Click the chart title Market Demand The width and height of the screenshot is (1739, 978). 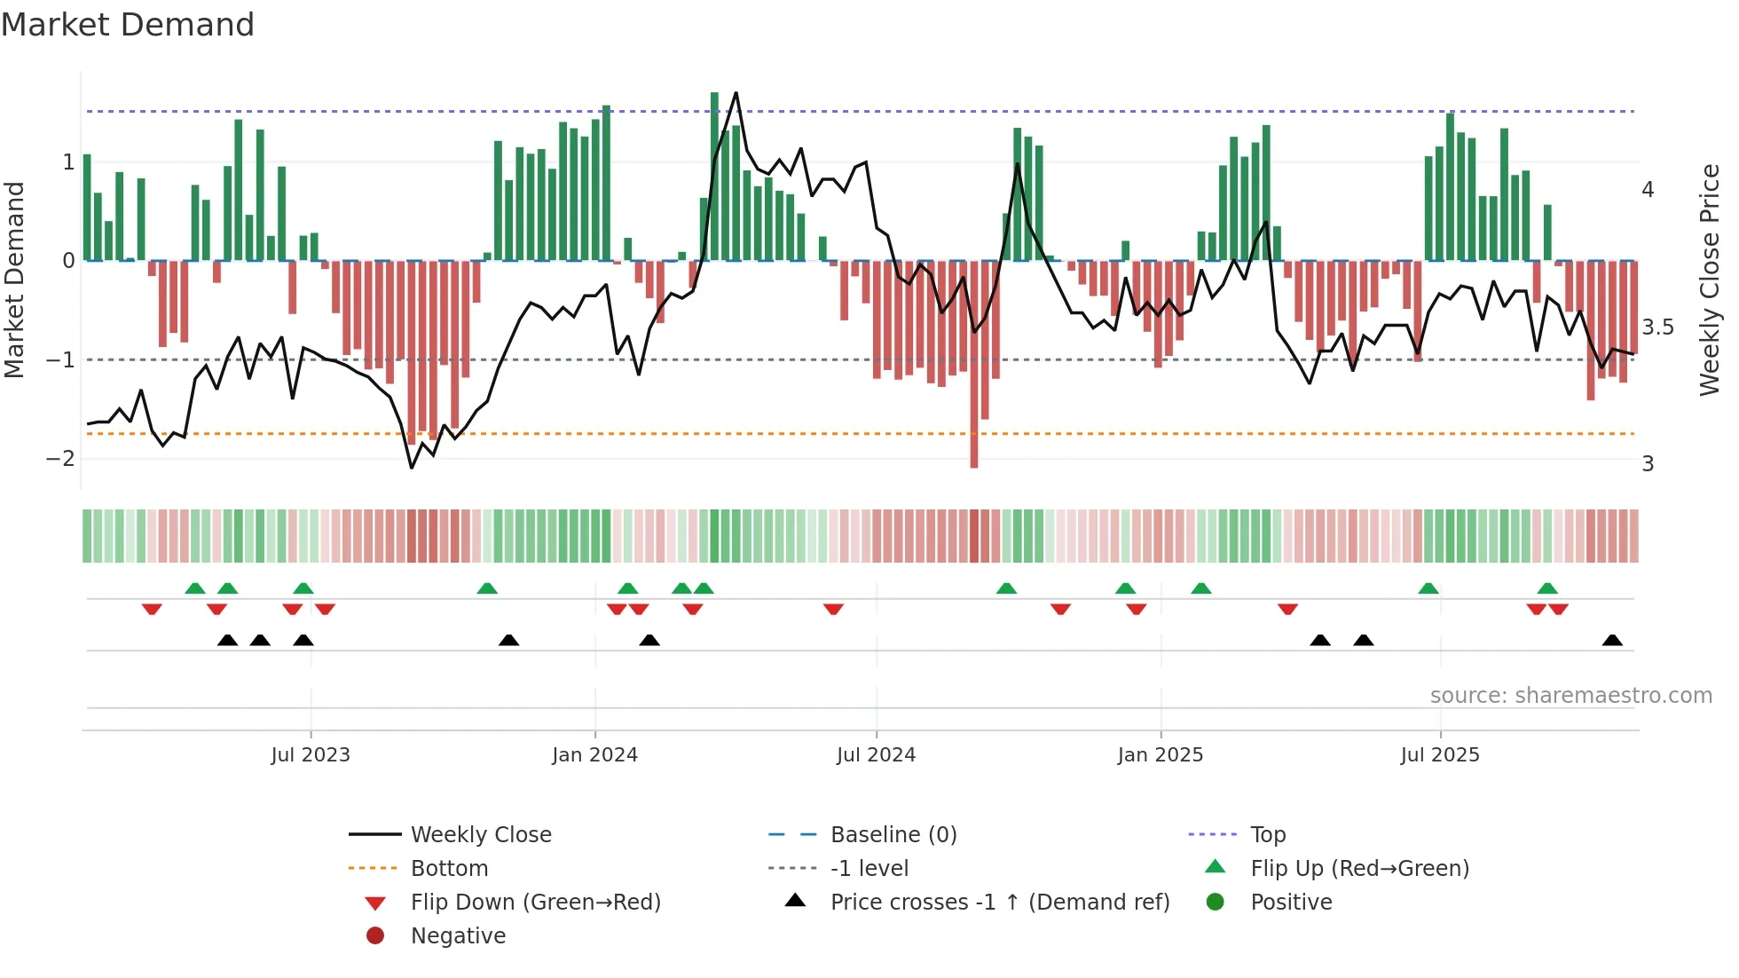click(128, 25)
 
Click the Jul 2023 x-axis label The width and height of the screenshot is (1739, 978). click(311, 755)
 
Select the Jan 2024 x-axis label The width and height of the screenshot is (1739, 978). click(594, 755)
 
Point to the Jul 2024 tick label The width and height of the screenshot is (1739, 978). click(876, 755)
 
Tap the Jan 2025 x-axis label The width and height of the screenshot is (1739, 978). click(1160, 755)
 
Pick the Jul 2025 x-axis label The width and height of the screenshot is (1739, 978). click(1440, 755)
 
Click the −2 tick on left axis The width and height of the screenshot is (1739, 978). click(60, 459)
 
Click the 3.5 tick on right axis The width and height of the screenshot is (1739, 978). click(1656, 327)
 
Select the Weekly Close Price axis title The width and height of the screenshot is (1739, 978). click(1710, 280)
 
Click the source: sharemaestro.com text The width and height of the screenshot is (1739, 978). click(1570, 696)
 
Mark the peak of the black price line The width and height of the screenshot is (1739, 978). click(736, 93)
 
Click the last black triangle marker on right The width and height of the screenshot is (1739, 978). click(1612, 641)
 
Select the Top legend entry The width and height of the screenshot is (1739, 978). click(1268, 835)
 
